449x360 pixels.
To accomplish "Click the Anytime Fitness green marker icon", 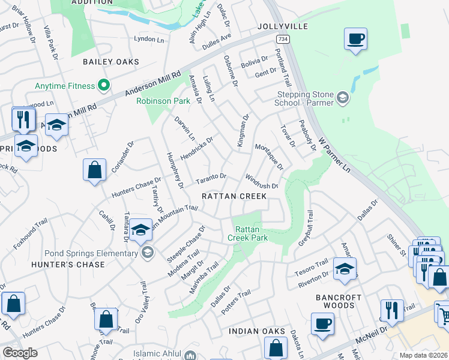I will [103, 86].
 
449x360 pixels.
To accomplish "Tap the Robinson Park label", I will [155, 101].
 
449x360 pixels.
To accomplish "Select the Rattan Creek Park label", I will [247, 233].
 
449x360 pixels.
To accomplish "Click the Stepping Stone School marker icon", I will [343, 97].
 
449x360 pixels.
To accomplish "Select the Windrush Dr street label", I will [262, 182].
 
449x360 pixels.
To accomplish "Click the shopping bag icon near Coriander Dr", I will [95, 170].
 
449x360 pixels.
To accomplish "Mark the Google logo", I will [20, 353].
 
